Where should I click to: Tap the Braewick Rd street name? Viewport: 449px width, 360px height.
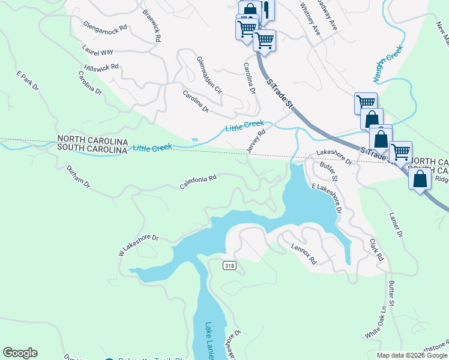click(x=152, y=25)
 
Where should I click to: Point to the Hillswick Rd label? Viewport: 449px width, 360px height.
click(x=101, y=67)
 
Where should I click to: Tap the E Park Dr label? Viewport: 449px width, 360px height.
click(x=27, y=81)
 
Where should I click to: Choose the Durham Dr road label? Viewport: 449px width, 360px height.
click(x=78, y=175)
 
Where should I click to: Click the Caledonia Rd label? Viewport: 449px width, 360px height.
click(x=197, y=182)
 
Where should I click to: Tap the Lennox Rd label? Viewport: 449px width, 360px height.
click(x=304, y=254)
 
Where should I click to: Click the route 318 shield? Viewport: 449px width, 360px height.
click(x=229, y=266)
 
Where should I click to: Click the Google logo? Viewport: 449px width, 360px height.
click(x=20, y=353)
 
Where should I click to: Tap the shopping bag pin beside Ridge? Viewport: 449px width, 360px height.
click(x=420, y=179)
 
